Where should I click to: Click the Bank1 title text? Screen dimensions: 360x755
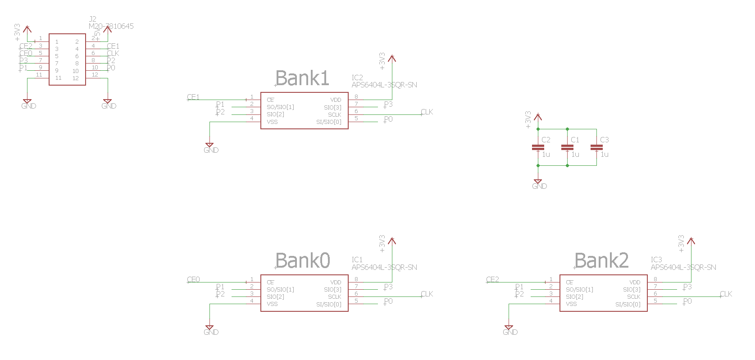point(302,78)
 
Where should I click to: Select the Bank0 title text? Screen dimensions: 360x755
point(303,261)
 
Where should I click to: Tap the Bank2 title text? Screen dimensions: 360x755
point(602,261)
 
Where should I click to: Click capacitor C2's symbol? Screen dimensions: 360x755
point(538,147)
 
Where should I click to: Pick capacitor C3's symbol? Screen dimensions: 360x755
point(596,147)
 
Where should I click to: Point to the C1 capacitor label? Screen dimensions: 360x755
point(575,140)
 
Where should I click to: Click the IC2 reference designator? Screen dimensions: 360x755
point(357,78)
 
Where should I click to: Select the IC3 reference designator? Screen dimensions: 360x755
point(656,260)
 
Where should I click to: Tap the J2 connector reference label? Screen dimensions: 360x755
point(92,19)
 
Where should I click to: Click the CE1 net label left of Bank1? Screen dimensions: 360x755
point(193,97)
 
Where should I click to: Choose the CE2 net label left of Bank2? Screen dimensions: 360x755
point(493,280)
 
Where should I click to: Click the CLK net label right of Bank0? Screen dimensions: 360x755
point(427,294)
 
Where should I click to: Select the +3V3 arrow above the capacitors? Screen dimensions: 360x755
point(537,118)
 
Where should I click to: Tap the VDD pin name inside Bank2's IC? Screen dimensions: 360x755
point(635,283)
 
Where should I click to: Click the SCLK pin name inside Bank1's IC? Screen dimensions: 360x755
point(335,115)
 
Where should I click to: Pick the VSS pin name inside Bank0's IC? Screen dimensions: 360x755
point(272,304)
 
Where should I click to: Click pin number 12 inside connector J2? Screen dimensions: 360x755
point(76,78)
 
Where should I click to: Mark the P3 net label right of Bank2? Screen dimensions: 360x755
point(687,287)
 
